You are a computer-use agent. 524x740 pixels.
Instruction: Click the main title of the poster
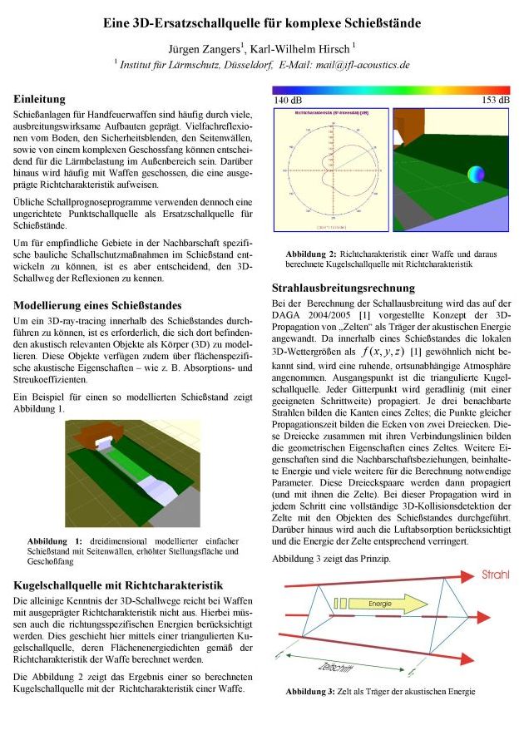[262, 25]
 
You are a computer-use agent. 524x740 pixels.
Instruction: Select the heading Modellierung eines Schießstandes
[98, 305]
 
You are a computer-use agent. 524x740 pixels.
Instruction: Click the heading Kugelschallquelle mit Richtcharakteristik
[118, 585]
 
